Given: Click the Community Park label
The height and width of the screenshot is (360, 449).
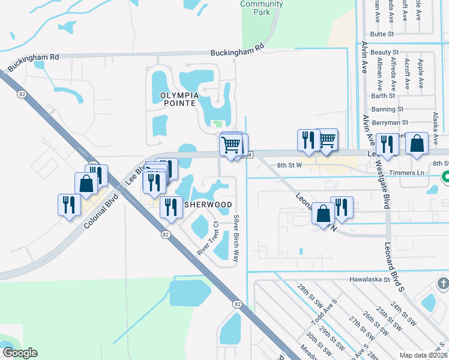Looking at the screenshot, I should click(261, 8).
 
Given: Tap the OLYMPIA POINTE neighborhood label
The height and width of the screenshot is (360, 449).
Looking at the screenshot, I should click(178, 99).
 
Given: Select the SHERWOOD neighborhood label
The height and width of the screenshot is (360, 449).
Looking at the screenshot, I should click(208, 205).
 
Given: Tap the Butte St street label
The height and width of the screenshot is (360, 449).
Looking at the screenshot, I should click(382, 34).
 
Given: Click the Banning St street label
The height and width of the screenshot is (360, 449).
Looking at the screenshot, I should click(387, 109).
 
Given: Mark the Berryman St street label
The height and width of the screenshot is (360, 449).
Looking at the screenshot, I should click(390, 122).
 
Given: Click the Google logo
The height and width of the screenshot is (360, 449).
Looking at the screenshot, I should click(19, 353).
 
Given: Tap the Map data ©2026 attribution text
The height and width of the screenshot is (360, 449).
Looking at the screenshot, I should click(423, 355).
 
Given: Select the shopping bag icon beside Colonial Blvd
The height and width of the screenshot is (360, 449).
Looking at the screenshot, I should click(86, 183).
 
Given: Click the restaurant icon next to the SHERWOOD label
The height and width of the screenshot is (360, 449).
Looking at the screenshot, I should click(171, 207).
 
